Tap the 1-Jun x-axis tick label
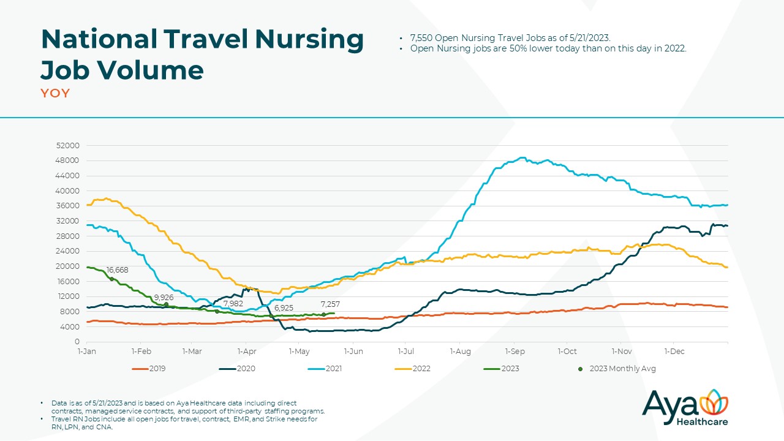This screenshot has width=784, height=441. coord(353,352)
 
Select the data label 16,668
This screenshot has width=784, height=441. coord(117,269)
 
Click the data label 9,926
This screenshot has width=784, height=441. coord(164,297)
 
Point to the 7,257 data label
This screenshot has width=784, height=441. coord(330,304)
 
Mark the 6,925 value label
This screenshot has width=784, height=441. coord(284,307)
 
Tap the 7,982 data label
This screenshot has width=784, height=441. coord(233,304)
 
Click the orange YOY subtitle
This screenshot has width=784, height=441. coord(55,94)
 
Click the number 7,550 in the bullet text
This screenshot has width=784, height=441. coord(422,38)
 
